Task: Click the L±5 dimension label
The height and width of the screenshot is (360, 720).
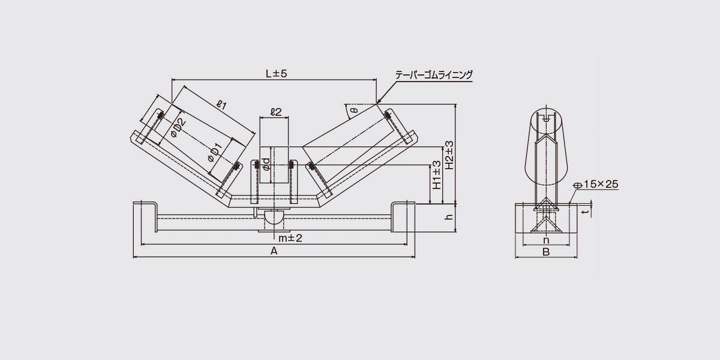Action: click(x=276, y=74)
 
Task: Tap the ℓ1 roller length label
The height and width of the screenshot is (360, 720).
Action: click(x=222, y=105)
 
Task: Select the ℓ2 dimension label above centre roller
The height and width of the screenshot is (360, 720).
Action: click(x=276, y=112)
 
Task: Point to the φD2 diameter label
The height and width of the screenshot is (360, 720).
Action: click(x=178, y=128)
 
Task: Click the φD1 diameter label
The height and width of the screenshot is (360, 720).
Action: click(x=215, y=152)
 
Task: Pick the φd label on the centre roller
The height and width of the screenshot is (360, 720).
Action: click(x=266, y=164)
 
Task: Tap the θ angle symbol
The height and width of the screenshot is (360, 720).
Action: click(x=354, y=110)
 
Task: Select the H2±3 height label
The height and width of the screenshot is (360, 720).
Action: click(x=449, y=155)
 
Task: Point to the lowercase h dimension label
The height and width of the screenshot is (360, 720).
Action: click(x=449, y=217)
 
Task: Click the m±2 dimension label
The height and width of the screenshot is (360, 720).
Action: click(x=290, y=238)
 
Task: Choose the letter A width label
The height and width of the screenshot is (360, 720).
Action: click(x=274, y=251)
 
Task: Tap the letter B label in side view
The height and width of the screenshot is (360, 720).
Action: click(x=546, y=252)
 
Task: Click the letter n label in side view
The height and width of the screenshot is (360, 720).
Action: click(x=546, y=240)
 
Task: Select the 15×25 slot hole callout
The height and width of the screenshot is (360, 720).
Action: click(x=601, y=184)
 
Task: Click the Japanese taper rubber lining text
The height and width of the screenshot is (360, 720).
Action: click(x=434, y=75)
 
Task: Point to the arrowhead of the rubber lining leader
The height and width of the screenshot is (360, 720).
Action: click(x=378, y=102)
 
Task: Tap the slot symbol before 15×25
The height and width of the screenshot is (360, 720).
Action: click(x=578, y=185)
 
